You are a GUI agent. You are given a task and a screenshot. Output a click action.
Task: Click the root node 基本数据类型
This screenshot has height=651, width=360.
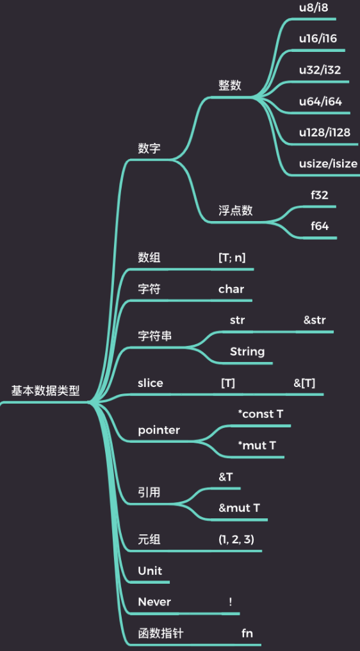45,391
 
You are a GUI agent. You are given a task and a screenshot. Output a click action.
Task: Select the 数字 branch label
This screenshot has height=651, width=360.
149,149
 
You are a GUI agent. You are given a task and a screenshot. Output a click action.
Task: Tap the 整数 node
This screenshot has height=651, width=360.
230,86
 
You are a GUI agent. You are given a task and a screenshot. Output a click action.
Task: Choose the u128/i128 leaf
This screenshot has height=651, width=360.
324,133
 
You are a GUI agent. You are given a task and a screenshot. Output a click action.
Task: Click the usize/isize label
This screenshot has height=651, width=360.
328,163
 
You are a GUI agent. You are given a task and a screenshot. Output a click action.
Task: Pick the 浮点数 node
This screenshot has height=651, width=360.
235,211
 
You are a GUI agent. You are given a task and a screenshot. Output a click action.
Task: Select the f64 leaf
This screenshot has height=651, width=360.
320,226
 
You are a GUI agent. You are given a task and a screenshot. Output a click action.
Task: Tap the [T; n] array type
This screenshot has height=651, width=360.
232,258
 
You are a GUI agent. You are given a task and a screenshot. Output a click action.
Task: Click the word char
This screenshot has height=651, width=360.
231,289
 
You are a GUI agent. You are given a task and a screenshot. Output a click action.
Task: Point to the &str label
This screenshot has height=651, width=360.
315,320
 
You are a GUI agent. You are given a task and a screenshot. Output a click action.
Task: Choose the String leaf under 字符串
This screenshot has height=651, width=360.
247,351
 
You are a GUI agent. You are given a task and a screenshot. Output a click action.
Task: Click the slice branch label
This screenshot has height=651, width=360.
151,383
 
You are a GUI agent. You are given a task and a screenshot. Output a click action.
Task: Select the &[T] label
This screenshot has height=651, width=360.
304,383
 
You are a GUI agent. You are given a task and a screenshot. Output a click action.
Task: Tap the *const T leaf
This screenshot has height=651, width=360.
260,414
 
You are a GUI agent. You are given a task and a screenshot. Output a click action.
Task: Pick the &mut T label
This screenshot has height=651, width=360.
240,508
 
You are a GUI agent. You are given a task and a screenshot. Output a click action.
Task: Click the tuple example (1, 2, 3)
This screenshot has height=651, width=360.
236,540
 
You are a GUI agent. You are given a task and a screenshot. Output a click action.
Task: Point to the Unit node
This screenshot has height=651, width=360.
150,571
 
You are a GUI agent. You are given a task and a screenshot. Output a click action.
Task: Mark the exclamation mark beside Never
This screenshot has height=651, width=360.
230,602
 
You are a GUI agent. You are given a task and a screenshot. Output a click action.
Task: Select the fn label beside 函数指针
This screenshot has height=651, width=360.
247,633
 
